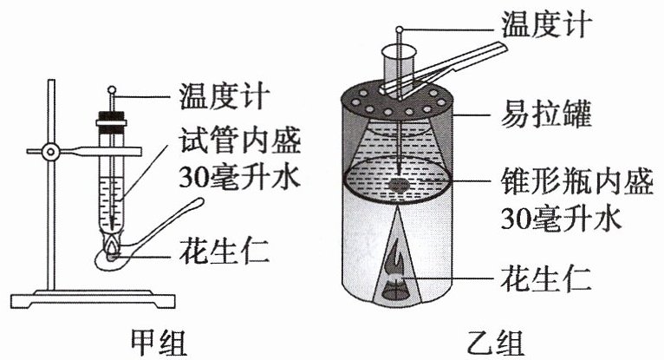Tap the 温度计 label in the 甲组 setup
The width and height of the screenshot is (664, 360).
click(225, 96)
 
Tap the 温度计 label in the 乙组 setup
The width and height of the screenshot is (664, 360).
click(546, 24)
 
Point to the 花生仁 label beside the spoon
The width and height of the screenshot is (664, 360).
click(225, 251)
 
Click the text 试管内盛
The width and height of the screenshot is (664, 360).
click(240, 141)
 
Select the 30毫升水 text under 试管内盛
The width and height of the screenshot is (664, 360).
click(240, 177)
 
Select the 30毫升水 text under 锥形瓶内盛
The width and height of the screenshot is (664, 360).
click(561, 218)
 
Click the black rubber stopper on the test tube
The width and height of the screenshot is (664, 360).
click(111, 115)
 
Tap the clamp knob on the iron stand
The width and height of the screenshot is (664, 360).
click(51, 151)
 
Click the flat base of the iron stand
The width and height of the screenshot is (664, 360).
click(92, 300)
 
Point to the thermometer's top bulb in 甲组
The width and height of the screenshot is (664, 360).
click(112, 90)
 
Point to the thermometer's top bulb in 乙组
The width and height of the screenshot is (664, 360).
click(399, 29)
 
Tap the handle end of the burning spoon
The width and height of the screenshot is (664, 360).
click(194, 204)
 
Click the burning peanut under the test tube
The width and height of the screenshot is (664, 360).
click(112, 255)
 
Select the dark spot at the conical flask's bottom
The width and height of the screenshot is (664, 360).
click(398, 185)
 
